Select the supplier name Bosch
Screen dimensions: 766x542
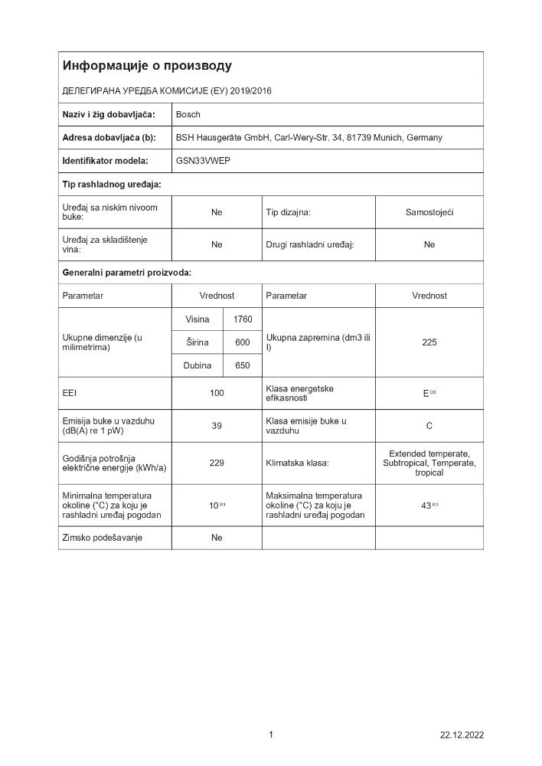coord(188,114)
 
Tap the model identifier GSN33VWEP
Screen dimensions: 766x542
coord(203,161)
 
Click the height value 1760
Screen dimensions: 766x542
coord(243,319)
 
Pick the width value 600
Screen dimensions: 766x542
coord(243,342)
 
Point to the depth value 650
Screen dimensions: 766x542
coord(243,365)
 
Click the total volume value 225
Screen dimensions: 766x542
coord(429,342)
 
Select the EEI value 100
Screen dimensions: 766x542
coord(217,393)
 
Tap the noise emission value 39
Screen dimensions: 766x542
coord(217,426)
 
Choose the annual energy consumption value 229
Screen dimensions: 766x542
coord(217,463)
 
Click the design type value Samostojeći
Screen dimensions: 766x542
coord(429,212)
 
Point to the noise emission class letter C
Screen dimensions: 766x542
coord(429,426)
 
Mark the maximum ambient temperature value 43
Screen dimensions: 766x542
coord(426,505)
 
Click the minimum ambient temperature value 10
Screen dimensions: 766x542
coord(214,505)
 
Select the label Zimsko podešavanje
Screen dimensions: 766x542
coord(102,538)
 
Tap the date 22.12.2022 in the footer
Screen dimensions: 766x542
coord(462,735)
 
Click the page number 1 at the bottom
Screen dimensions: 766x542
coord(271,735)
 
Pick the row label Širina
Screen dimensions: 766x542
coord(197,342)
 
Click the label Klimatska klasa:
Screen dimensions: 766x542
coord(297,463)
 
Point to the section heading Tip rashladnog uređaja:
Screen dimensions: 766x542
coord(111,185)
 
